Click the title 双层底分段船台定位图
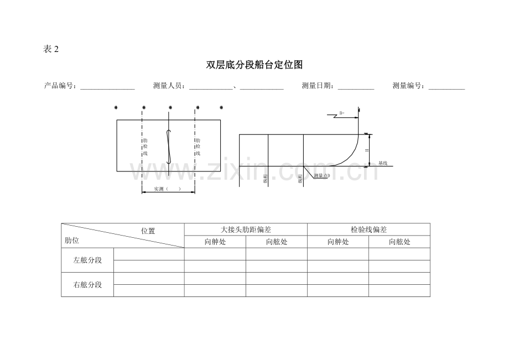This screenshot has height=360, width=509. coord(254,65)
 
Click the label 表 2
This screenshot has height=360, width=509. coord(50,49)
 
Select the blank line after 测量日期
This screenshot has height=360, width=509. coord(356,87)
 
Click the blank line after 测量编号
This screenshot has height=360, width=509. coord(446,87)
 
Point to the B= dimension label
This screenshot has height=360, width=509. coord(341,113)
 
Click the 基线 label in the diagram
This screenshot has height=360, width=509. coord(383,163)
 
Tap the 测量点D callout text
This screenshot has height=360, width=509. coord(321,176)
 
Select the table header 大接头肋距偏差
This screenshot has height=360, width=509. coord(246,229)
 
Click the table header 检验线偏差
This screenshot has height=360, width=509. coord(368,229)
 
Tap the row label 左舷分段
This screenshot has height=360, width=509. coord(87,260)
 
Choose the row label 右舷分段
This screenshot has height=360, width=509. coord(87,285)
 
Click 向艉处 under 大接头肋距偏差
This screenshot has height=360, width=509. coord(215,242)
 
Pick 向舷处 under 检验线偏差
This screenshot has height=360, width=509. coord(399,242)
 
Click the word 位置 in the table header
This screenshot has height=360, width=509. coord(148,231)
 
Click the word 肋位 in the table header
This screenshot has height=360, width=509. coord(71,241)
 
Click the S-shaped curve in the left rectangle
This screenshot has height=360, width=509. coord(169,147)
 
